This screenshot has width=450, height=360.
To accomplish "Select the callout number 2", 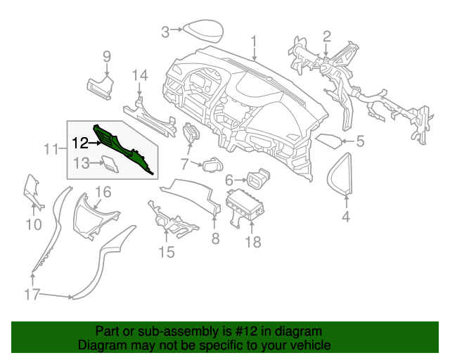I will [327, 36].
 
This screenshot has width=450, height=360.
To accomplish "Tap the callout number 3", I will [165, 31].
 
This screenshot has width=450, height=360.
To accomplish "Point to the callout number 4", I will [346, 217].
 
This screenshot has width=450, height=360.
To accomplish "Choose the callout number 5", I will [360, 142].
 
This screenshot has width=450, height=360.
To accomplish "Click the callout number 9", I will [108, 56].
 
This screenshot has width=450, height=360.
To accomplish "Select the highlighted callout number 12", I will [79, 143].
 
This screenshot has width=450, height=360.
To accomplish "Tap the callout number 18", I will [252, 242].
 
